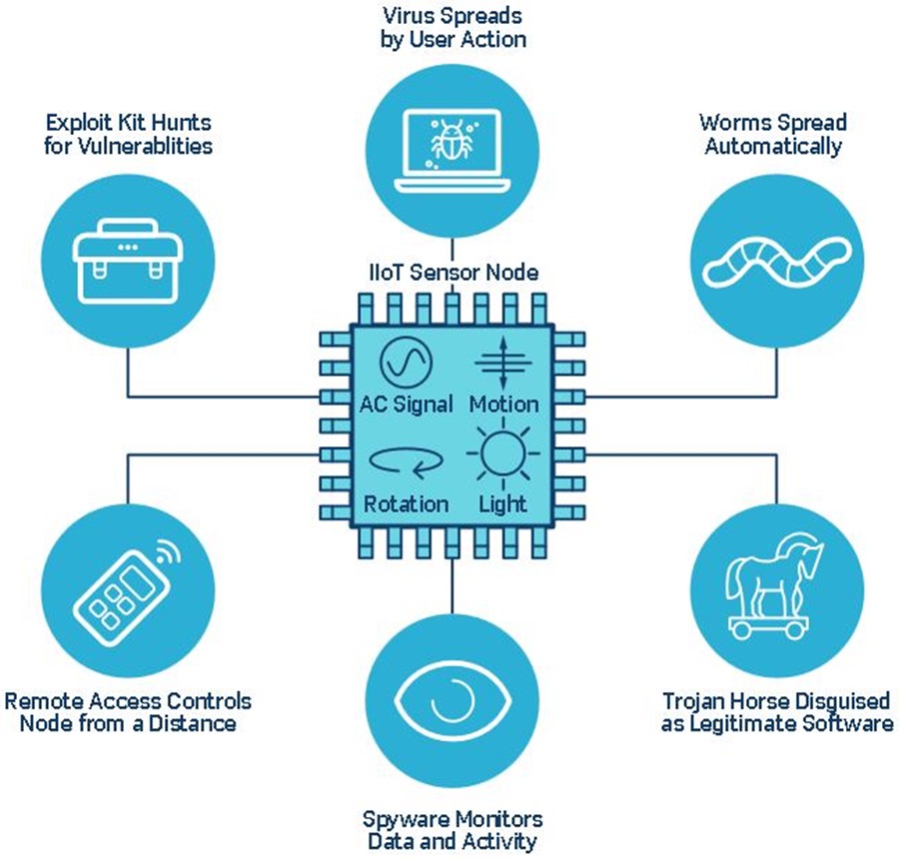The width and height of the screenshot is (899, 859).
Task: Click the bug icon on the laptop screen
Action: tap(451, 140)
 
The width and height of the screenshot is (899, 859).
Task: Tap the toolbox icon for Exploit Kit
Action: tap(128, 262)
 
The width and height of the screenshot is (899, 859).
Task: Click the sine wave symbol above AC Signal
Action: tap(406, 363)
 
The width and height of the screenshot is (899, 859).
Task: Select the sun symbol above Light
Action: tap(502, 453)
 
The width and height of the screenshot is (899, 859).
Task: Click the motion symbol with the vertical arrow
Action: tap(502, 363)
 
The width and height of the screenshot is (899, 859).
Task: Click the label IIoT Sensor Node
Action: tap(453, 272)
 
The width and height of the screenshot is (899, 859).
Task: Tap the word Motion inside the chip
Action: tap(504, 405)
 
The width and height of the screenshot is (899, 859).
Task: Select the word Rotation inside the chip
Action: tap(406, 504)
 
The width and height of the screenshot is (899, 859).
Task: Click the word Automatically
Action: tap(773, 146)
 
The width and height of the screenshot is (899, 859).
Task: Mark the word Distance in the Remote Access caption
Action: tap(193, 723)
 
